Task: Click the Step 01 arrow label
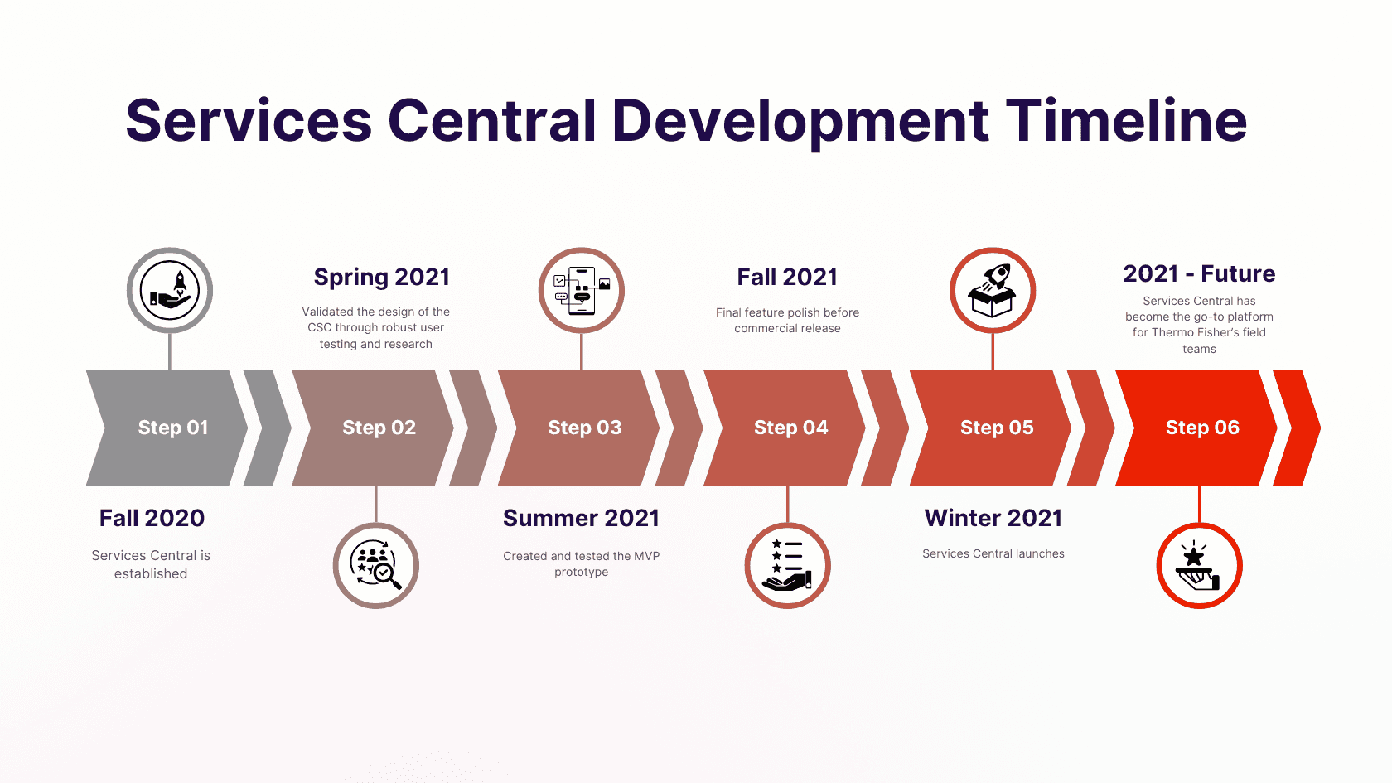[172, 428]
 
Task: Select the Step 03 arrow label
[584, 428]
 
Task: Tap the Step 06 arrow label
[1202, 428]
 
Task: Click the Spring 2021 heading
[381, 277]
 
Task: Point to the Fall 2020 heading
[152, 518]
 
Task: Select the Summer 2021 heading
[581, 518]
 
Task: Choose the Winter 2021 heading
[993, 518]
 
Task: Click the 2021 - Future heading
[1199, 273]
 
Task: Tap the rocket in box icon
[993, 291]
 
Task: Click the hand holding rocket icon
[170, 291]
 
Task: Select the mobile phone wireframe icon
[582, 291]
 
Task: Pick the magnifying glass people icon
[376, 566]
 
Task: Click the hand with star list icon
[787, 566]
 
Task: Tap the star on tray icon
[1199, 566]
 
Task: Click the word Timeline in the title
[1126, 121]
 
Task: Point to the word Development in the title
[800, 121]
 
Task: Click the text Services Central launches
[993, 553]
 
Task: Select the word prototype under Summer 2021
[581, 573]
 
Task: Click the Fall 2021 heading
[787, 277]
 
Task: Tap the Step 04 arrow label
[790, 428]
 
